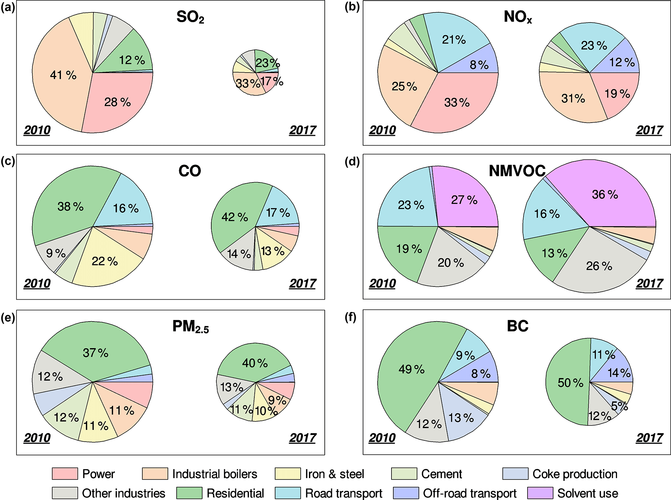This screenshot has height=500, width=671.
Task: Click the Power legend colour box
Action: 65,474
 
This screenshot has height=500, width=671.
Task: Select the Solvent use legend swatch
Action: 540,493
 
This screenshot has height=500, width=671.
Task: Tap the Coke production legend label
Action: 575,474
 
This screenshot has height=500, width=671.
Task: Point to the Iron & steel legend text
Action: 335,474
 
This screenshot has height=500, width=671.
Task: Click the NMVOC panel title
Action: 517,171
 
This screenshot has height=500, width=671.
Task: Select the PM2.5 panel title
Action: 190,326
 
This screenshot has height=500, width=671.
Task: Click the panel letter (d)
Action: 352,161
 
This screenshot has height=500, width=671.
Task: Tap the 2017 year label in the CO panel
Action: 302,283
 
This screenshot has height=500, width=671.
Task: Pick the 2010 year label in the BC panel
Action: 382,438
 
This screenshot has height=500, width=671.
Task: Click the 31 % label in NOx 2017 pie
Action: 573,98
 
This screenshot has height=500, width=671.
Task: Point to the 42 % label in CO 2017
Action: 235,217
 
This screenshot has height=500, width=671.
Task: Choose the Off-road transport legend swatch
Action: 406,493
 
